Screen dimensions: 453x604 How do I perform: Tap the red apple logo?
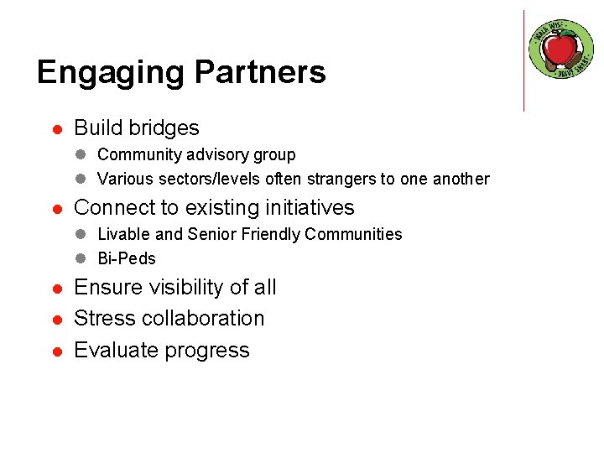(561, 49)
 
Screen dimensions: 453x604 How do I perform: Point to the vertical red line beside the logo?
(523, 60)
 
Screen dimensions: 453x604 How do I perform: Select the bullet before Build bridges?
(55, 129)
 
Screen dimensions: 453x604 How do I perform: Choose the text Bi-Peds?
(127, 258)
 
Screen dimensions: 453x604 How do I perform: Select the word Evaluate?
(115, 350)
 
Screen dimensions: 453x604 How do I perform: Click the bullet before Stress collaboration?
(55, 320)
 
